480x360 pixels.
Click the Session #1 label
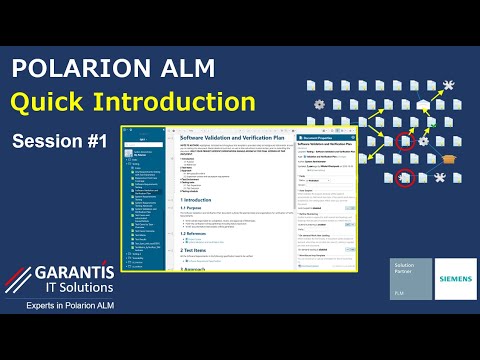[x=59, y=141]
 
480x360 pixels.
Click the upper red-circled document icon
[x=405, y=142]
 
